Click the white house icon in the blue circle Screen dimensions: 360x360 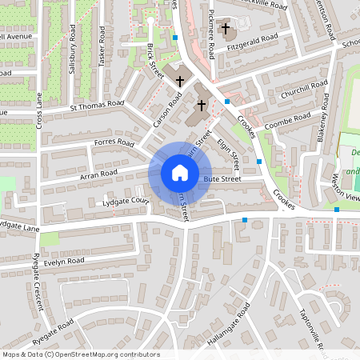(x=179, y=172)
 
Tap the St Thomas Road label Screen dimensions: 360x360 (x=98, y=104)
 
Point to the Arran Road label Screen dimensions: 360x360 (x=98, y=172)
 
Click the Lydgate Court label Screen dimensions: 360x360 (x=126, y=201)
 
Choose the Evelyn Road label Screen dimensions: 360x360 (x=65, y=261)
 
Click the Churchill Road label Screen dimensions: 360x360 (x=304, y=89)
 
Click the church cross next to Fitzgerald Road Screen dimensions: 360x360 (x=226, y=29)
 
